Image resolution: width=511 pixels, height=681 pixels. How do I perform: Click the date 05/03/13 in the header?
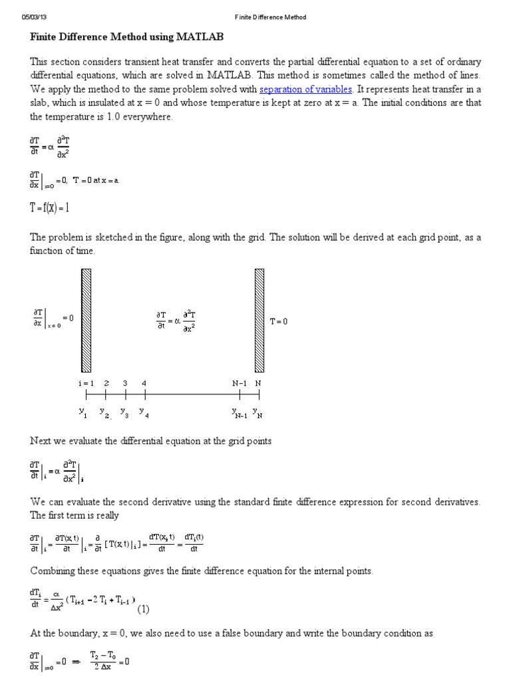coord(33,17)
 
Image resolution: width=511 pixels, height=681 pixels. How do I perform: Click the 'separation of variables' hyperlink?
coord(305,89)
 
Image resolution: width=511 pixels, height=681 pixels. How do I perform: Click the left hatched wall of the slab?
coord(86,319)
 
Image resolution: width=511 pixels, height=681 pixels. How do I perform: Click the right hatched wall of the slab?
coord(259,319)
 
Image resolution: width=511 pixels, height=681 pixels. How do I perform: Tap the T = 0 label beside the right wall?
coord(279,321)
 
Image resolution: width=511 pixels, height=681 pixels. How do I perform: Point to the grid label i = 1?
coord(85,384)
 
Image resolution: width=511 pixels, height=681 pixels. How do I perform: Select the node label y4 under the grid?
coord(144,413)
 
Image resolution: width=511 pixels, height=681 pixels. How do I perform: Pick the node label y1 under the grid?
coord(83,413)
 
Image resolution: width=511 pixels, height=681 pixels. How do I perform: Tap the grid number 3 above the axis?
coord(124,384)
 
